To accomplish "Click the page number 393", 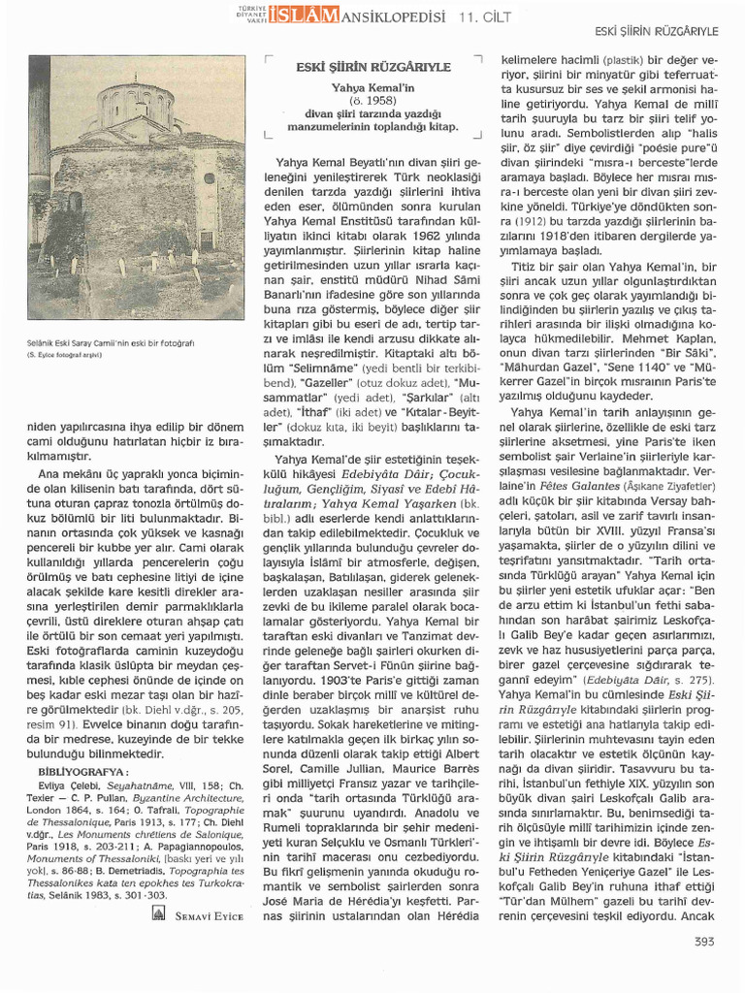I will tap(705, 941).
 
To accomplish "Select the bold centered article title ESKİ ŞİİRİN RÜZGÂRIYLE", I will tap(372, 67).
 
